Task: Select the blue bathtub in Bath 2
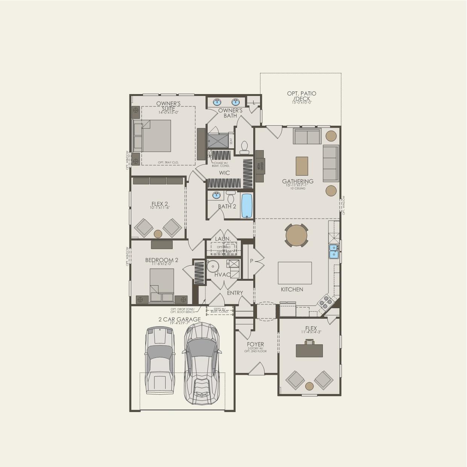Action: point(247,205)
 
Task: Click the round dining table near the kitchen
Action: point(297,236)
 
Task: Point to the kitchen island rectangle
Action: point(295,273)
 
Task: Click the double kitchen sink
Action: point(333,251)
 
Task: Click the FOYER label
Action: point(255,344)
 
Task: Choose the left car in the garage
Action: point(160,360)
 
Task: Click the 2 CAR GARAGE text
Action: point(179,319)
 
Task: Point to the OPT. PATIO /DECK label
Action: point(301,96)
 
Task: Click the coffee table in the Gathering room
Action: point(302,166)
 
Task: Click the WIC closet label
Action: point(225,173)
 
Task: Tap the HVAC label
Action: point(222,275)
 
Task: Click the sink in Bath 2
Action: point(216,195)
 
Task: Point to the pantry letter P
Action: point(251,261)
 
